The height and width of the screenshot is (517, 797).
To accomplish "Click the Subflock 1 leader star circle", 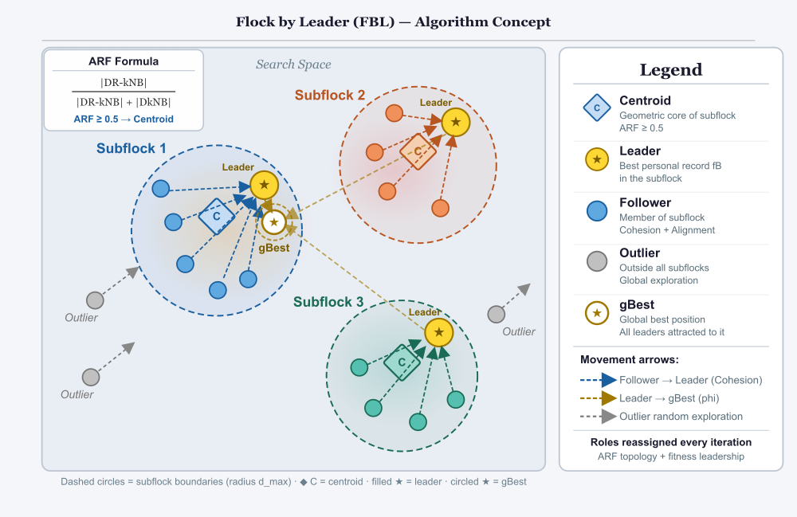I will tap(264, 185).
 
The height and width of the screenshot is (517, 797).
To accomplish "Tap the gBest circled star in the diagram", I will tap(273, 223).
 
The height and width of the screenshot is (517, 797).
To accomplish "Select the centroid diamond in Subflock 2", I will tap(418, 151).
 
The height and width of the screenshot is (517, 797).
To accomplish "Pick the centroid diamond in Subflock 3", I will tap(402, 363).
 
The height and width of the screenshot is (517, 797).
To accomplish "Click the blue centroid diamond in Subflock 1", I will tap(216, 216).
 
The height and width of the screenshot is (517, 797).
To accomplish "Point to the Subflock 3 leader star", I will tap(438, 331).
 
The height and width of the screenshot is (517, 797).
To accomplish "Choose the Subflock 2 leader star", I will tap(455, 122).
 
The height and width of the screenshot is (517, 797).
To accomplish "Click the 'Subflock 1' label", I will tap(132, 148).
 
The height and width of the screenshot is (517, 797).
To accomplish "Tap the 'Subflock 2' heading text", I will tap(330, 95).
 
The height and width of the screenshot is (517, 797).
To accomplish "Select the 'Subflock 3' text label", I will tap(328, 302).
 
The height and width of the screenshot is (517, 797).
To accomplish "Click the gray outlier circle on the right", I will tap(497, 314).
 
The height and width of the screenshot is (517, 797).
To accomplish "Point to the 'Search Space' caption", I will tap(293, 65).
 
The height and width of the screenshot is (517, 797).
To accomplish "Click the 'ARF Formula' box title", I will tap(124, 61).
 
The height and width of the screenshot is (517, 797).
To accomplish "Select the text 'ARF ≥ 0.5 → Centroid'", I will tap(124, 119).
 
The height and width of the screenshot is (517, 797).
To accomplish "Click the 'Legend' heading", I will tap(671, 69).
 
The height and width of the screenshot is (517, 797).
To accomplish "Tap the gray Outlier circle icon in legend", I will tap(597, 260).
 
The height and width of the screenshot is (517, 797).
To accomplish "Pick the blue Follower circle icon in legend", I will tap(597, 210).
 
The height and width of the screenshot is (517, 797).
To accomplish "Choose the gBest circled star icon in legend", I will tap(597, 311).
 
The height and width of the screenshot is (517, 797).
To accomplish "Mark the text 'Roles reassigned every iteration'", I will tap(671, 442).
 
